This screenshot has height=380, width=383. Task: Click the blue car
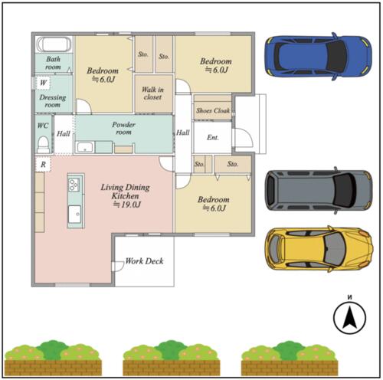(x=318, y=57)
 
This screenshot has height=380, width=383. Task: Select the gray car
(x=318, y=190)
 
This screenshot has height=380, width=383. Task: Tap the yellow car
(x=319, y=249)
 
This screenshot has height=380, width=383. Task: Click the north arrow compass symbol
(x=349, y=317)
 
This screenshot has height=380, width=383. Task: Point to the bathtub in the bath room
(x=54, y=44)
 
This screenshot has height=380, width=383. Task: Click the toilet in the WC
(x=43, y=145)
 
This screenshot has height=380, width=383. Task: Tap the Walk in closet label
(x=152, y=93)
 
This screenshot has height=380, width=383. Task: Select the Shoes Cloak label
(x=213, y=110)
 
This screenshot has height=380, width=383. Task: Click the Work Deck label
(x=144, y=260)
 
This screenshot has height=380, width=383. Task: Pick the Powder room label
(x=123, y=128)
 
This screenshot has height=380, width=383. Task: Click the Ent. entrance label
(x=213, y=137)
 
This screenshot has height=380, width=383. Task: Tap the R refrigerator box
(x=43, y=164)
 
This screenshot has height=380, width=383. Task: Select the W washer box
(x=43, y=83)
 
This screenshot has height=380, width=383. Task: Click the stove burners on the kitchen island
(x=74, y=185)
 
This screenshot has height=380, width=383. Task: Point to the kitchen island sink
(x=74, y=214)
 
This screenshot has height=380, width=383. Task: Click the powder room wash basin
(x=85, y=147)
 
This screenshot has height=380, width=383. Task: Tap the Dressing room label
(x=53, y=101)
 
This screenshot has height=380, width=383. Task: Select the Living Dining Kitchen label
(x=125, y=192)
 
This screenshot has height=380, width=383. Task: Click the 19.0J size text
(x=127, y=205)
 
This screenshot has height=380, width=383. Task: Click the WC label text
(x=43, y=126)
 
